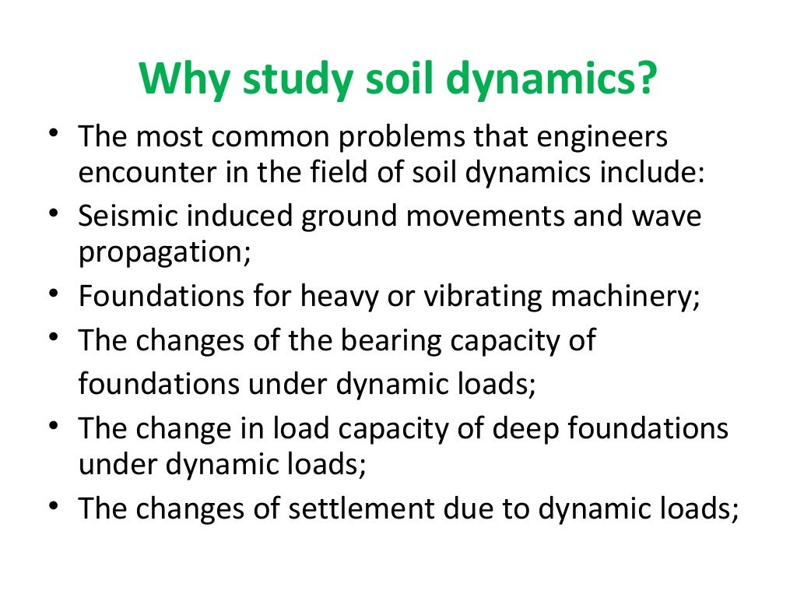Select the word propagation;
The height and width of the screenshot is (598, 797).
tap(164, 255)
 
